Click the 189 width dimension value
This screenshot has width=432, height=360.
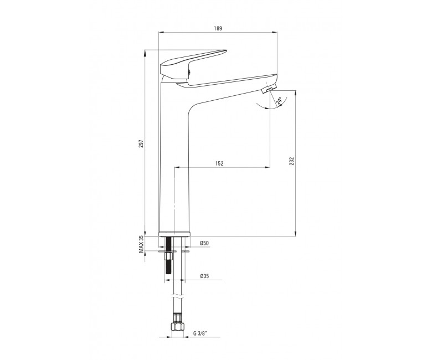click(218, 28)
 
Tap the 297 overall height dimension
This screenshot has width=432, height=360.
click(141, 144)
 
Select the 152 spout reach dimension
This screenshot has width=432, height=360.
click(219, 163)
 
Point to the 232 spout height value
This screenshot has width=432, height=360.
click(292, 161)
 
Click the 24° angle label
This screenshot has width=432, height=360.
click(279, 101)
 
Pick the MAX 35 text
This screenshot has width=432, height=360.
click(141, 244)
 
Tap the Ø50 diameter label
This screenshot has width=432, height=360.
click(204, 243)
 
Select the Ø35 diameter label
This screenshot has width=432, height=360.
click(204, 276)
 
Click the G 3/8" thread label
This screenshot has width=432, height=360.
click(200, 333)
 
